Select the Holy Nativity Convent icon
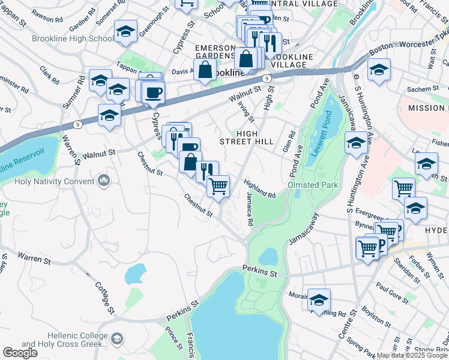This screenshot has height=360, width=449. [104, 180]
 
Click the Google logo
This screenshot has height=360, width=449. [20, 353]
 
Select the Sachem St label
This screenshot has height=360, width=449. [424, 89]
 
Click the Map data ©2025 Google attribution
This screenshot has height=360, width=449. [412, 355]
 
